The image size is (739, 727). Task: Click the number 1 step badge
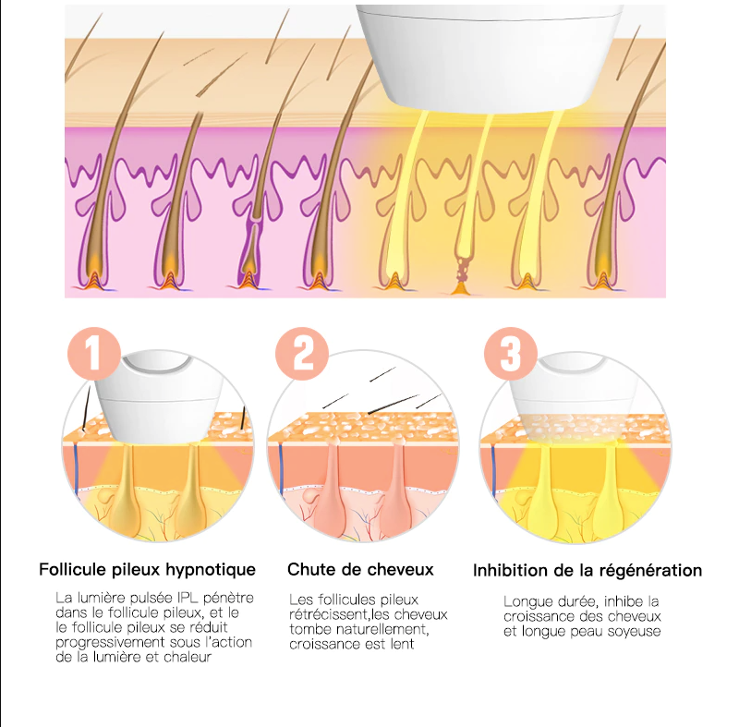click(94, 351)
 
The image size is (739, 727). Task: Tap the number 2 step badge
click(302, 351)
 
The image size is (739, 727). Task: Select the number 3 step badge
click(512, 351)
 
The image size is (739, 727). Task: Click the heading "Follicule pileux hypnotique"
click(147, 570)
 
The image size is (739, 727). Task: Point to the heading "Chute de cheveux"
click(360, 570)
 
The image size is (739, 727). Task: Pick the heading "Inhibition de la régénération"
click(588, 570)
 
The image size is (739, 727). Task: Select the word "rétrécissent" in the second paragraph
click(329, 614)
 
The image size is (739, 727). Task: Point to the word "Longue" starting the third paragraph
click(526, 600)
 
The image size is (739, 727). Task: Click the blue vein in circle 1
click(72, 466)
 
